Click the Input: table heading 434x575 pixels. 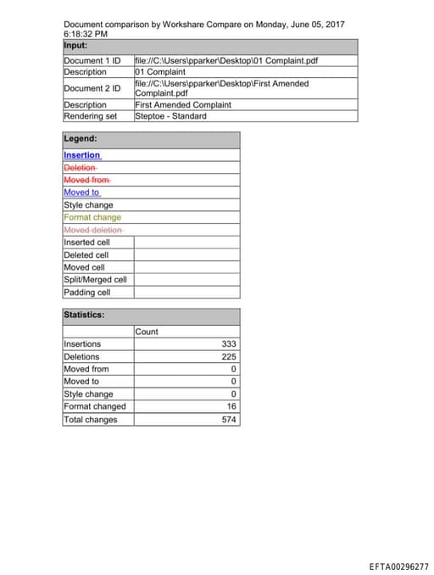point(76,45)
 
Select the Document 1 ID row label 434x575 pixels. point(92,61)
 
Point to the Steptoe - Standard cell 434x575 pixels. point(170,116)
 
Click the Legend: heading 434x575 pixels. point(80,138)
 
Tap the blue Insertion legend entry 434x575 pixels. point(82,155)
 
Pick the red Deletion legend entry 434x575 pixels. point(80,168)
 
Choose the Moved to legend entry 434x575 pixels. point(81,193)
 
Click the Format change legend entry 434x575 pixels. point(92,217)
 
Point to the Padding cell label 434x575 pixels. point(86,293)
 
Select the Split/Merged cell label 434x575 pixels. point(95,280)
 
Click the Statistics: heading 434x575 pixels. point(84,315)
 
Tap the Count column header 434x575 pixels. point(147,332)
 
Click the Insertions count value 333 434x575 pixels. point(229,343)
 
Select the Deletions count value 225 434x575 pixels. point(229,356)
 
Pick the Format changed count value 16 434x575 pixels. point(231,406)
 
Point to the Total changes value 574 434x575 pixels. point(229,419)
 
